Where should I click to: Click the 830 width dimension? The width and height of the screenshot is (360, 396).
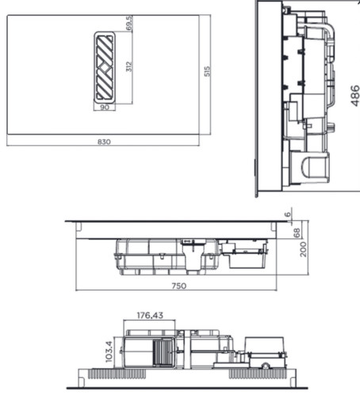[x=104, y=142]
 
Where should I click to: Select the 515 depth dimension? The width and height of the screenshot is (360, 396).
[x=206, y=71]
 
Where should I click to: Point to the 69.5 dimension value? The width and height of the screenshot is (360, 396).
[x=129, y=23]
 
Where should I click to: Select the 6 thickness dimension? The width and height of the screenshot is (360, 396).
[x=289, y=214]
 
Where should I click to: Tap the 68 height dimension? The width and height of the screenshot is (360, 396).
[x=297, y=231]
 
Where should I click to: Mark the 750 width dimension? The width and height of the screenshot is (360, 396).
[x=179, y=285]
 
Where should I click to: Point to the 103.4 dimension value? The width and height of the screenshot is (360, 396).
[x=109, y=351]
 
